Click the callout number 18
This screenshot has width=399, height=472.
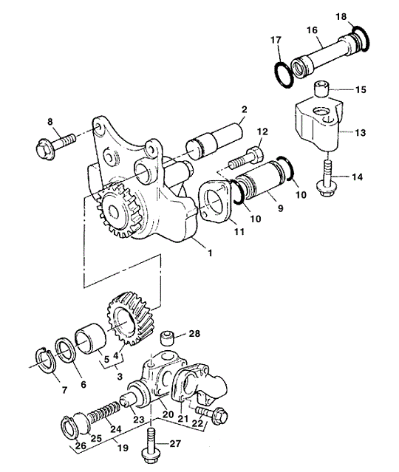coord(341,16)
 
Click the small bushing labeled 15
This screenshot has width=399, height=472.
coord(321,88)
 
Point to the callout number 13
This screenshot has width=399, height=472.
coord(360,132)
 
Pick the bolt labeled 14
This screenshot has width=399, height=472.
coord(327,178)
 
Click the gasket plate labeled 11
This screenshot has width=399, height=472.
coord(215,201)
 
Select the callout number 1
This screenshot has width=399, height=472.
coord(210,253)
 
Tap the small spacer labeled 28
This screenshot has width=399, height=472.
coord(168,338)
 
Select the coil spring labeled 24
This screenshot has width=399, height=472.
coord(103,414)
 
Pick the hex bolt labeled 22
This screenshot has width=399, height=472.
coord(212,415)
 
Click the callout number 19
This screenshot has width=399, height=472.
coord(123,448)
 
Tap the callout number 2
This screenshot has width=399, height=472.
coord(245,109)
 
